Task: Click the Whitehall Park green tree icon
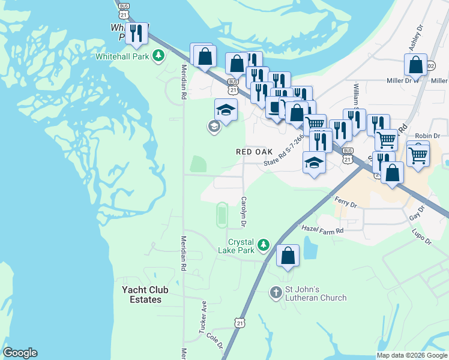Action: click(158, 56)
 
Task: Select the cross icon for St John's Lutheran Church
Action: click(276, 292)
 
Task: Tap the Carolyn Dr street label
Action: click(244, 212)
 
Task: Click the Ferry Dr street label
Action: click(346, 202)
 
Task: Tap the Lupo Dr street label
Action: click(421, 236)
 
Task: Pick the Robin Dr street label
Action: click(428, 136)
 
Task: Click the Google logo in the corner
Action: click(20, 353)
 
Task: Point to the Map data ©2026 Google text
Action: click(411, 355)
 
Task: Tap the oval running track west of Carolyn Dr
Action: click(221, 215)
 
